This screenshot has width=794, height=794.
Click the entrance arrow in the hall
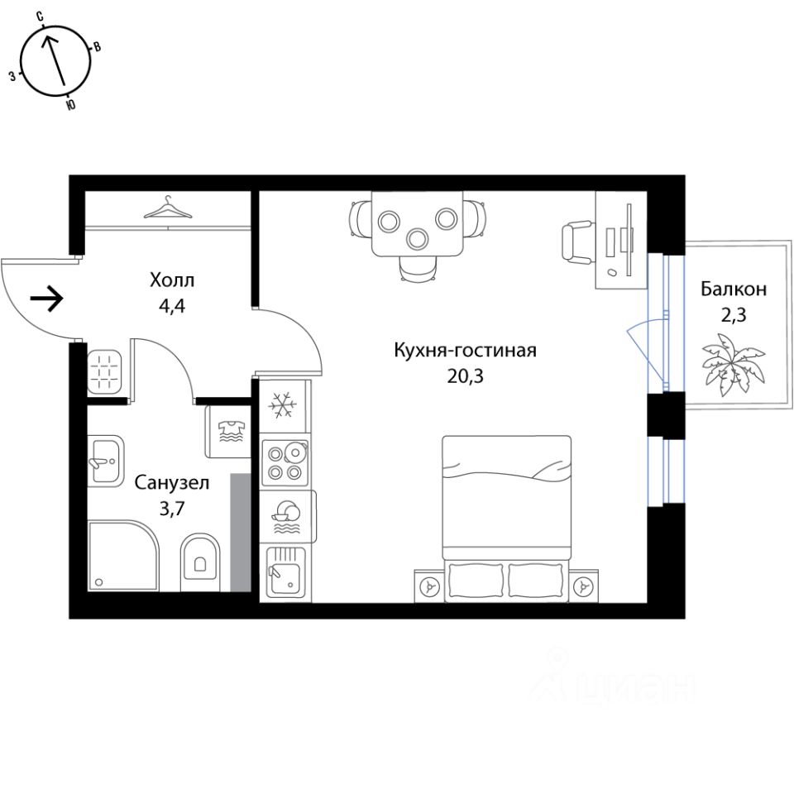click(x=47, y=299)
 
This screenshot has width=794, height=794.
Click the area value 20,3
click(x=465, y=376)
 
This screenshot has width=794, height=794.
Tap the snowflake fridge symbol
click(x=285, y=406)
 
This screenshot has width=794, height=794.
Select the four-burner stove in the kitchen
click(x=285, y=462)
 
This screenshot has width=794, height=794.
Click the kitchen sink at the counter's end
click(x=285, y=572)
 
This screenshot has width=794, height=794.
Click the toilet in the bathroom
click(x=199, y=562)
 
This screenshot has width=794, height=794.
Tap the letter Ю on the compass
click(x=70, y=105)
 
